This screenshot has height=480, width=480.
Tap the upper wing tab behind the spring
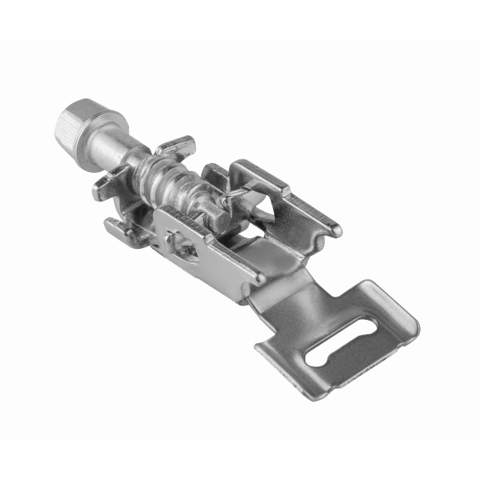pyautogui.click(x=176, y=144)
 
